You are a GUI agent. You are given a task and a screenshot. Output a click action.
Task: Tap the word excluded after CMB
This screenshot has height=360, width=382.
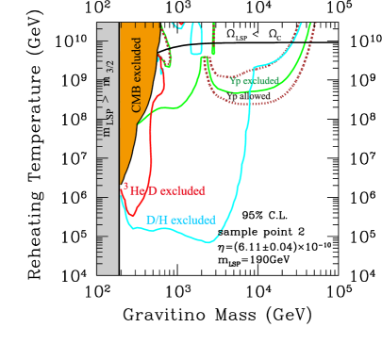(137, 62)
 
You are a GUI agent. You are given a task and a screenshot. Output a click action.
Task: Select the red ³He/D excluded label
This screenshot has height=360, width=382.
(164, 190)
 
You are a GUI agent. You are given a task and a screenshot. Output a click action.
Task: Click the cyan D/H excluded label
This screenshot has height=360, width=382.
(180, 221)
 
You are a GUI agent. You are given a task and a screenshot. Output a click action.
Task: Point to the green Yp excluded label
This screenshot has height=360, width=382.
(254, 81)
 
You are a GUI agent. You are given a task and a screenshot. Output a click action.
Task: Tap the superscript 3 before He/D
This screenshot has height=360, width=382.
(125, 187)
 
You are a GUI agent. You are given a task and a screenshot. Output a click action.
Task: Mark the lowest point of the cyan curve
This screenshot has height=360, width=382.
(209, 242)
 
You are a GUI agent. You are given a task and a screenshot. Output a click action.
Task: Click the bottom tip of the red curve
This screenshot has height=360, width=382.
(123, 194)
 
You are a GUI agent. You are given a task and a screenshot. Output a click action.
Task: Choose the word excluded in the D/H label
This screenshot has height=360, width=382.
(193, 221)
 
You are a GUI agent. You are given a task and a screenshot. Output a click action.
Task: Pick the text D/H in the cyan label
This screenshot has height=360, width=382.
(157, 221)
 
